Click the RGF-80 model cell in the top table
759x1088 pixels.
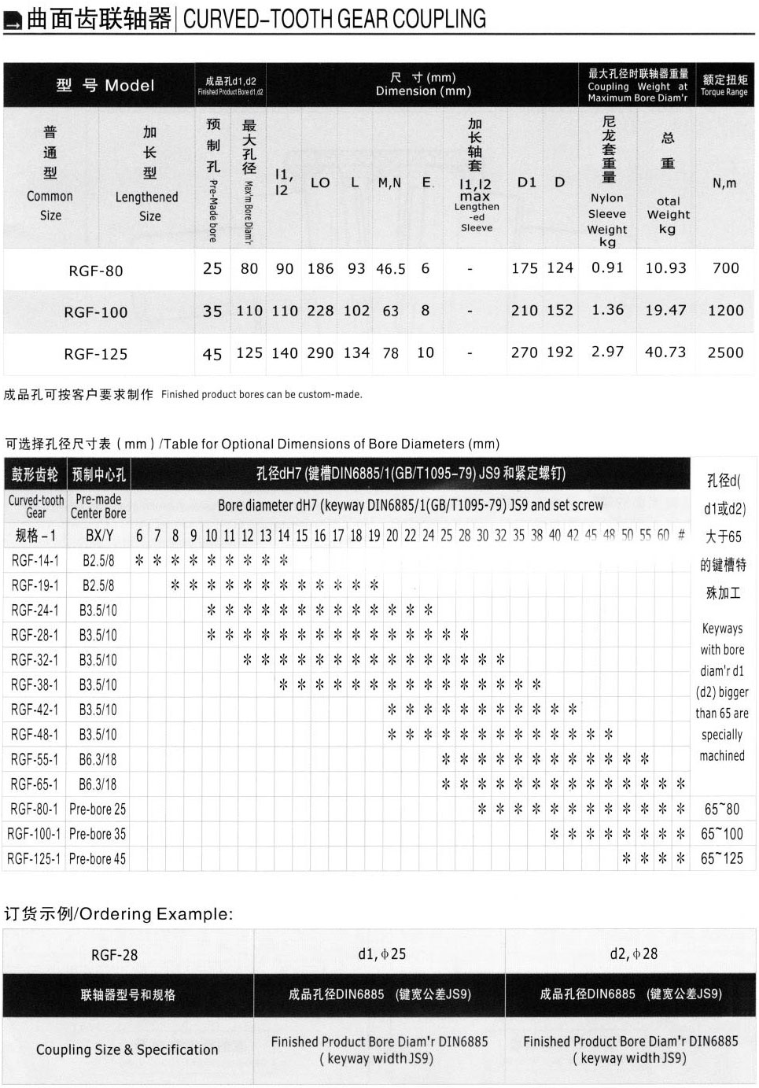click(96, 271)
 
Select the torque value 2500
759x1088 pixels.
click(725, 352)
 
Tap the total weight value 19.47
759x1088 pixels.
click(665, 310)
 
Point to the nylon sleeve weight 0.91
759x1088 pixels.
click(607, 267)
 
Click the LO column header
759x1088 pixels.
click(320, 183)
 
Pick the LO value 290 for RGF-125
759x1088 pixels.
click(320, 352)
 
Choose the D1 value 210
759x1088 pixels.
click(525, 310)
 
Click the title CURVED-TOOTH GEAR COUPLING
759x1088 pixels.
click(334, 19)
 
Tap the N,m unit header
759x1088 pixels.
click(724, 183)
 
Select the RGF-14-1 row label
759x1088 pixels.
click(35, 560)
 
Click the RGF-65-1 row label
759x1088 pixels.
click(35, 784)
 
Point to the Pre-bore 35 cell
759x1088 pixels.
click(98, 834)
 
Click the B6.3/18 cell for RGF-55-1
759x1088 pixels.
click(98, 759)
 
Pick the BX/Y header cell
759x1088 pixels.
click(99, 536)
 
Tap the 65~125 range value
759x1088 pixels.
click(722, 858)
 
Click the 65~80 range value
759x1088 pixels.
click(722, 809)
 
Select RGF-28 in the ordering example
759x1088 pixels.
click(115, 955)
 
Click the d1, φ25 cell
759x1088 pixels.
click(381, 954)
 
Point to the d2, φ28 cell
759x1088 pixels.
click(634, 954)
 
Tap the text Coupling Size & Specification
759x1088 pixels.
click(127, 1049)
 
